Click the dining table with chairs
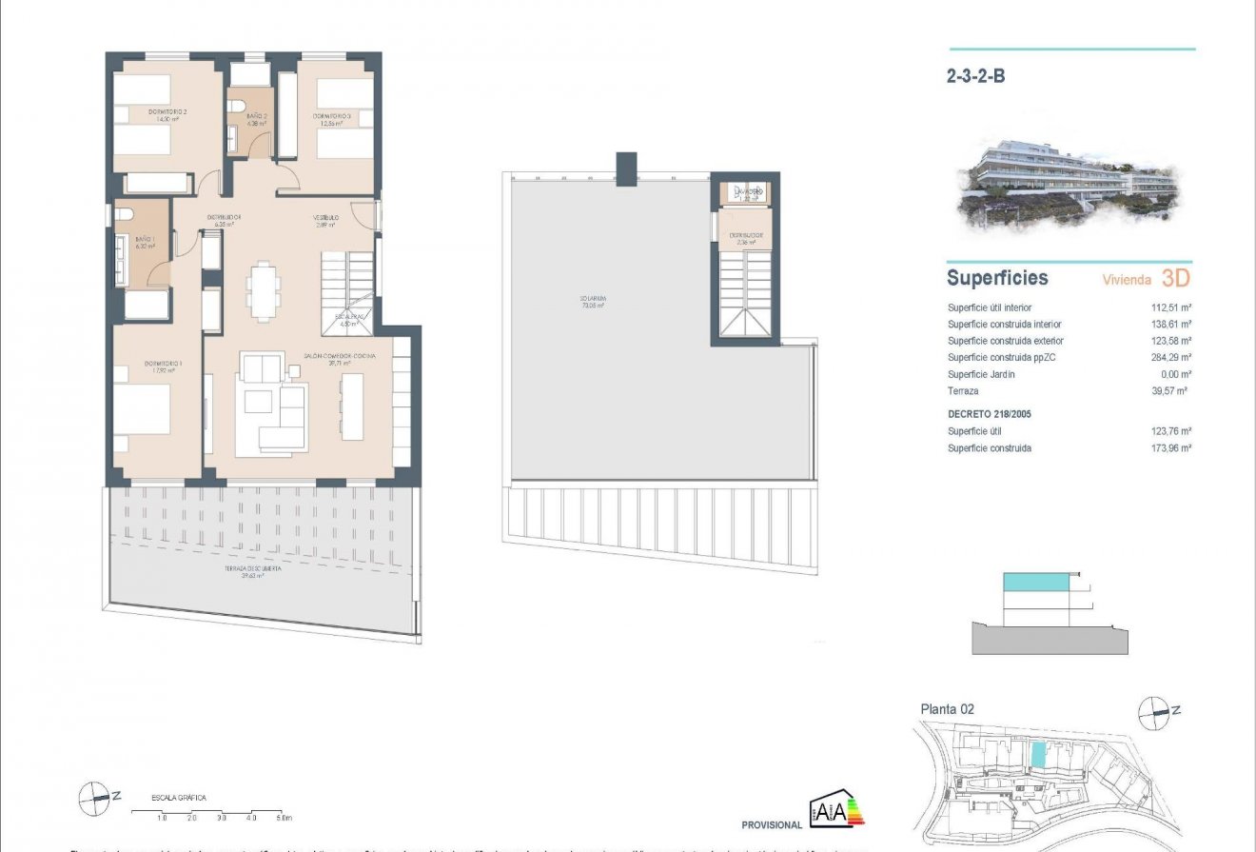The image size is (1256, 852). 265,290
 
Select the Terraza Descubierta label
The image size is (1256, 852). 238,571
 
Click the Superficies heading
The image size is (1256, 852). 996,278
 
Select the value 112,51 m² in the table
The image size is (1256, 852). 1171,307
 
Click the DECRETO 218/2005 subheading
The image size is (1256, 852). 989,414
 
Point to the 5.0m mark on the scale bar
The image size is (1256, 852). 283,818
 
